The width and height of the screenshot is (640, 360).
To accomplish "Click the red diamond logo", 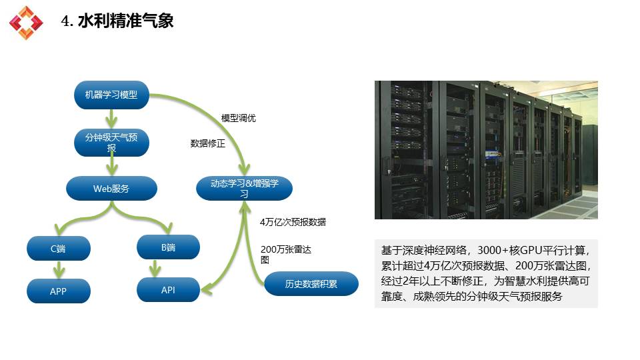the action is tap(26, 23).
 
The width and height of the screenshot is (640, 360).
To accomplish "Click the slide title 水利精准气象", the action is tap(126, 21).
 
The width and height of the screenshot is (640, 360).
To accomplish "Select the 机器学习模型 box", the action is tap(111, 95).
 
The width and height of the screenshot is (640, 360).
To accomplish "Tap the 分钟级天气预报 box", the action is tap(111, 143).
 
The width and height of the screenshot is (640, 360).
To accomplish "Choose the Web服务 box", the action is tap(111, 188).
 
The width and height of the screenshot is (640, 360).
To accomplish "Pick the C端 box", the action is tap(59, 248).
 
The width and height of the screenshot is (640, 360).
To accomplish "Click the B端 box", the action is tap(168, 247).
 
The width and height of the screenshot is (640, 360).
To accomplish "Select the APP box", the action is tap(59, 291).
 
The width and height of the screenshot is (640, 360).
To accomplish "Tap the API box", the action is tap(168, 290).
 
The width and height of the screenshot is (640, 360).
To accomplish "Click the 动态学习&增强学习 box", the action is tap(244, 188).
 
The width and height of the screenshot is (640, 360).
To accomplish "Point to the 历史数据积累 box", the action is tap(311, 284).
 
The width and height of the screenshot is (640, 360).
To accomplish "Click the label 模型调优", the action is tap(239, 118).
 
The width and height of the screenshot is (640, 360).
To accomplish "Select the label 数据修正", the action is tap(208, 143).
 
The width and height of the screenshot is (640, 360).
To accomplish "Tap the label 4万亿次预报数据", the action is tap(293, 222).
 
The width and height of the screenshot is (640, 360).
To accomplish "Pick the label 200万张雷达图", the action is tap(286, 255).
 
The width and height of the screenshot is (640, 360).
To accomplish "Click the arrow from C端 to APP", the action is tap(59, 269).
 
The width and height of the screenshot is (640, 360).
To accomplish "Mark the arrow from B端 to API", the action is tap(155, 268).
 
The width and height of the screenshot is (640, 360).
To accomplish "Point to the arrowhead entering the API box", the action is tap(206, 289).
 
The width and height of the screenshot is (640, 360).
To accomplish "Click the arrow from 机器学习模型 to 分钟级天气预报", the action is tap(111, 119).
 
